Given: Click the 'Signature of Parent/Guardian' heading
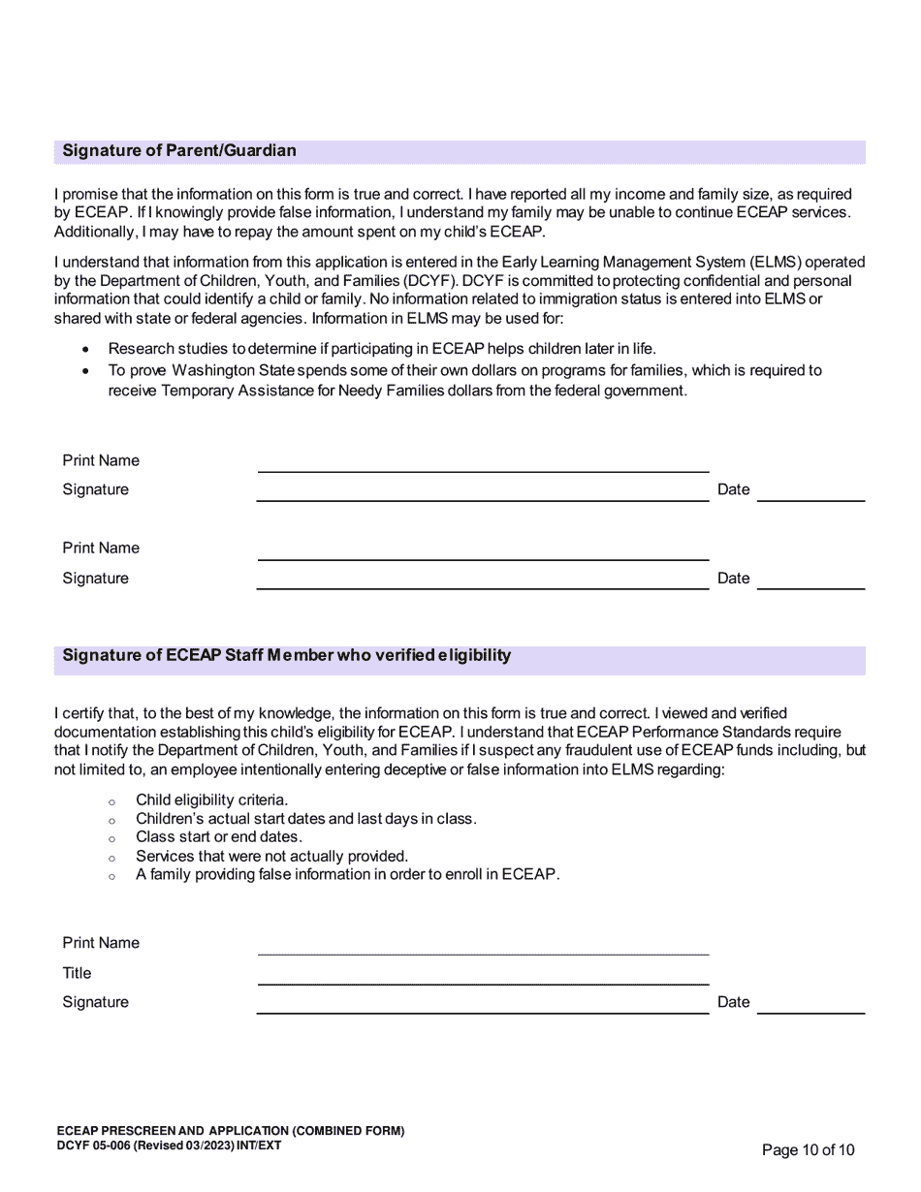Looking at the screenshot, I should click(x=179, y=151).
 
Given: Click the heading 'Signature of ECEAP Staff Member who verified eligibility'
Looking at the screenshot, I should click(x=286, y=656).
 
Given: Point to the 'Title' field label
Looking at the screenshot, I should click(x=77, y=973).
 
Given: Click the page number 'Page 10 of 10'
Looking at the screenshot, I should click(x=809, y=1150).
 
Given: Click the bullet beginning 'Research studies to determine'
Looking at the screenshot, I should click(x=382, y=349).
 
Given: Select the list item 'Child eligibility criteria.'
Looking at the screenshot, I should click(x=211, y=800).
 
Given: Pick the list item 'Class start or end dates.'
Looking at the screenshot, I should click(x=219, y=837).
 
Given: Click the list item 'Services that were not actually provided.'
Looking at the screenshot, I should click(x=271, y=857).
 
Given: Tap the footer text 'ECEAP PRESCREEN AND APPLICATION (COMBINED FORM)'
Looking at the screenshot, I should click(x=231, y=1131).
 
